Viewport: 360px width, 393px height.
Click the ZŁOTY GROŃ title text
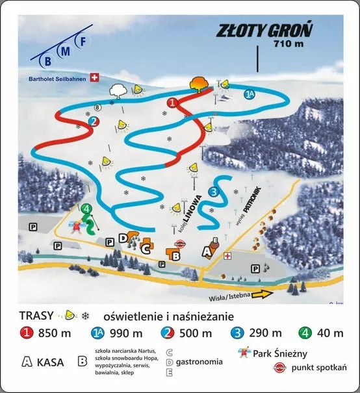pyautogui.click(x=264, y=31)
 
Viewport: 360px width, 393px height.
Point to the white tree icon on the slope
pyautogui.click(x=118, y=90)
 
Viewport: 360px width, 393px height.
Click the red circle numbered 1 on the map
pyautogui.click(x=173, y=103)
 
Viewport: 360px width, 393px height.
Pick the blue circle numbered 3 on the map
pyautogui.click(x=213, y=191)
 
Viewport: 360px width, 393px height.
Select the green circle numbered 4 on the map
pyautogui.click(x=86, y=209)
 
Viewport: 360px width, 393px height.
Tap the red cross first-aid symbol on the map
pyautogui.click(x=227, y=255)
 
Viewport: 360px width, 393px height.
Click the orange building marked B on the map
pyautogui.click(x=175, y=255)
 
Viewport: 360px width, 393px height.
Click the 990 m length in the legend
pyautogui.click(x=128, y=334)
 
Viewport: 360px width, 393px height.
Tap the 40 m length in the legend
pyautogui.click(x=329, y=334)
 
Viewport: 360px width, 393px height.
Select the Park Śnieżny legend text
pyautogui.click(x=281, y=354)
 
